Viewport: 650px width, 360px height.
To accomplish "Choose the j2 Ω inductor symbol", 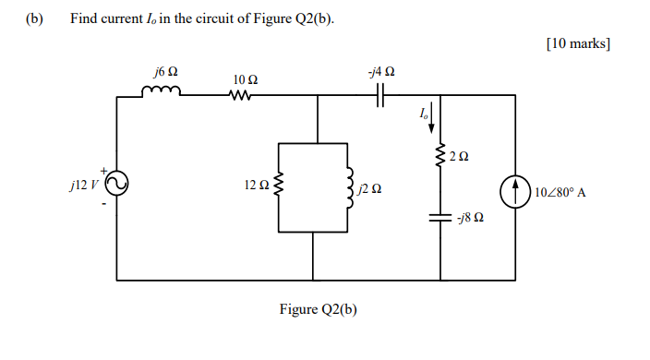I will [350, 186].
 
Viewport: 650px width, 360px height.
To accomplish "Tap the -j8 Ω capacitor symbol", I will [441, 219].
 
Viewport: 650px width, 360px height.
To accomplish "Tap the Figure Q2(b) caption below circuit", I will [318, 309].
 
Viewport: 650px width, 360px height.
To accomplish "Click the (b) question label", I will [35, 18].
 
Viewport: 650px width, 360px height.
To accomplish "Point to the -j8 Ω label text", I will [471, 220].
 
